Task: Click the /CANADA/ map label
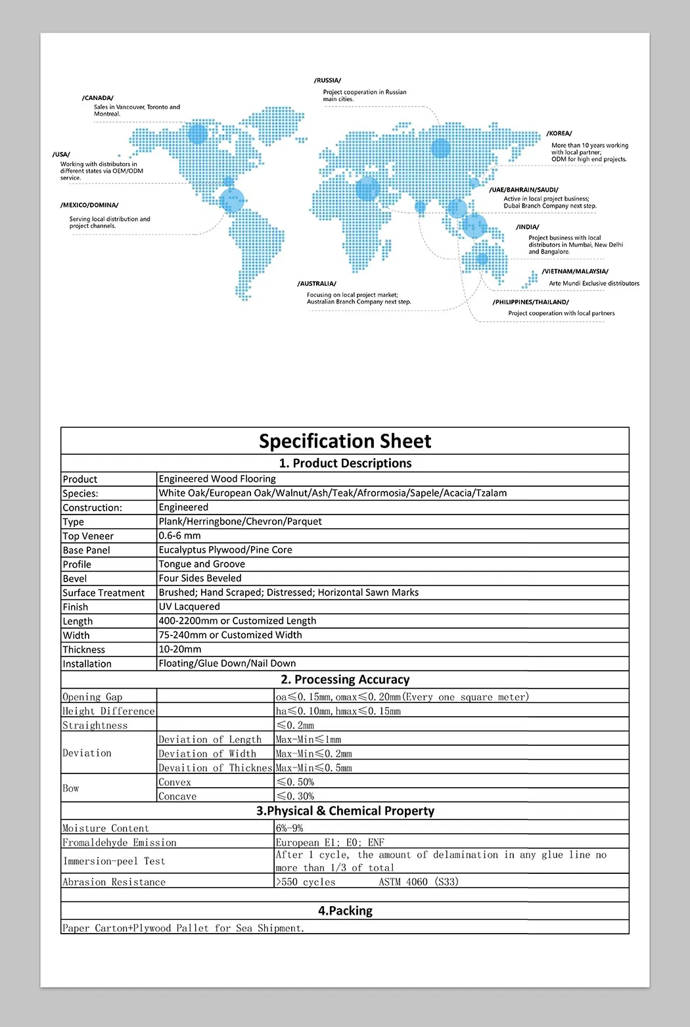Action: pyautogui.click(x=98, y=98)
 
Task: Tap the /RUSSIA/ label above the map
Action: pyautogui.click(x=327, y=80)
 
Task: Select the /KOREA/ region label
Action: pyautogui.click(x=559, y=133)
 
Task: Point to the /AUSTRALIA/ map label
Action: pyautogui.click(x=317, y=284)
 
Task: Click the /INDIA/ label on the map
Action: pyautogui.click(x=528, y=227)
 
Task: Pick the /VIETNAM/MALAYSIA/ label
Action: pyautogui.click(x=575, y=271)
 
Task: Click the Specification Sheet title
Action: pyautogui.click(x=345, y=441)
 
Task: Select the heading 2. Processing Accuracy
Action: pyautogui.click(x=345, y=679)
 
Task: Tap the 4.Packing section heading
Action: pyautogui.click(x=345, y=911)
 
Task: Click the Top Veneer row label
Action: pyautogui.click(x=88, y=536)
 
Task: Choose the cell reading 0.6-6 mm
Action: pyautogui.click(x=179, y=536)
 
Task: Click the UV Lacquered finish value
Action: pyautogui.click(x=189, y=606)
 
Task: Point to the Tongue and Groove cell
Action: pyautogui.click(x=202, y=564)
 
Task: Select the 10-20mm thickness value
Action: pyautogui.click(x=180, y=649)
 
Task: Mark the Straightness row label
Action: pyautogui.click(x=95, y=725)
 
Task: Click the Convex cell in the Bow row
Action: pyautogui.click(x=175, y=782)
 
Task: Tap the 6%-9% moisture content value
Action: pyautogui.click(x=290, y=828)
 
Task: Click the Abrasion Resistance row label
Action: pyautogui.click(x=114, y=882)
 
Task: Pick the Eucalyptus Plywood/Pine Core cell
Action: pyautogui.click(x=225, y=550)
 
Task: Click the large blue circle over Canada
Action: pyautogui.click(x=197, y=134)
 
